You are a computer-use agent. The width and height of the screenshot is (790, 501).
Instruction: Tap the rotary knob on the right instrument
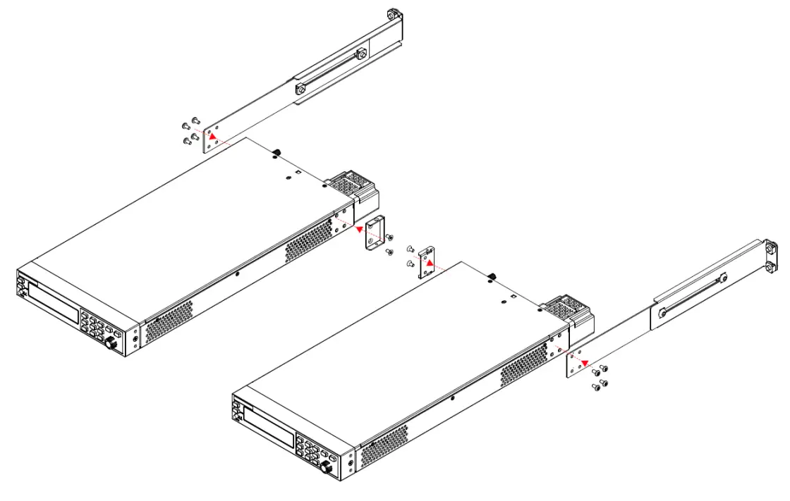coord(327,468)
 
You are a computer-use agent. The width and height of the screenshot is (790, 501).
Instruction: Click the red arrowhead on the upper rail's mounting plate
coord(210,135)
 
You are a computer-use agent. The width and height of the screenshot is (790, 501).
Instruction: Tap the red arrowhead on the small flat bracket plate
coord(427,261)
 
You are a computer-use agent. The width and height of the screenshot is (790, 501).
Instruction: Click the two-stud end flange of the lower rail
coord(770,256)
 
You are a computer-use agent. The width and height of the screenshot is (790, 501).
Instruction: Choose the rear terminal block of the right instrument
coord(566,307)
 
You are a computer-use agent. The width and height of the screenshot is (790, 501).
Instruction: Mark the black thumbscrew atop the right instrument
coord(492,276)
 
